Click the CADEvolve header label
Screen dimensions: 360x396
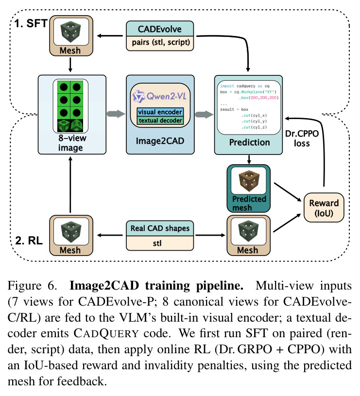tap(159, 29)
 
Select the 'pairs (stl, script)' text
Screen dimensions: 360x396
tap(161, 42)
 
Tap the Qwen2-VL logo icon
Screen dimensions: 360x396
tap(138, 96)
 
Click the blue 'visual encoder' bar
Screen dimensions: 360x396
tap(160, 112)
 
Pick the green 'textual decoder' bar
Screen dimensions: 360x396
tap(160, 121)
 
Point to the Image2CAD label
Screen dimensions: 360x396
tap(160, 141)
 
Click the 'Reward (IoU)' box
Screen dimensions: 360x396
tap(324, 208)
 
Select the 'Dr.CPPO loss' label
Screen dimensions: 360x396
tap(302, 138)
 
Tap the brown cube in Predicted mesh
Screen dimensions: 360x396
tap(249, 181)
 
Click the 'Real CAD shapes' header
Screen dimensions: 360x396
tap(160, 228)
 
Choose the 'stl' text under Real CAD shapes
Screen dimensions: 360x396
tap(157, 243)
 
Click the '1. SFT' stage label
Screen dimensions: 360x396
tap(31, 23)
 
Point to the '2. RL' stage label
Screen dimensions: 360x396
tap(29, 241)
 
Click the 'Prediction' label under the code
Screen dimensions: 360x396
tap(249, 142)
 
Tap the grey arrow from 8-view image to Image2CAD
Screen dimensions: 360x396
tap(116, 114)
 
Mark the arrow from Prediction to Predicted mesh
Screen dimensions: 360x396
tap(249, 159)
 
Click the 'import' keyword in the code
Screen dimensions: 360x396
tap(227, 86)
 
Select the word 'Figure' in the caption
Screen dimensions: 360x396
tap(24, 286)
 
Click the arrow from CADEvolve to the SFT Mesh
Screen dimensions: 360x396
tap(110, 36)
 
